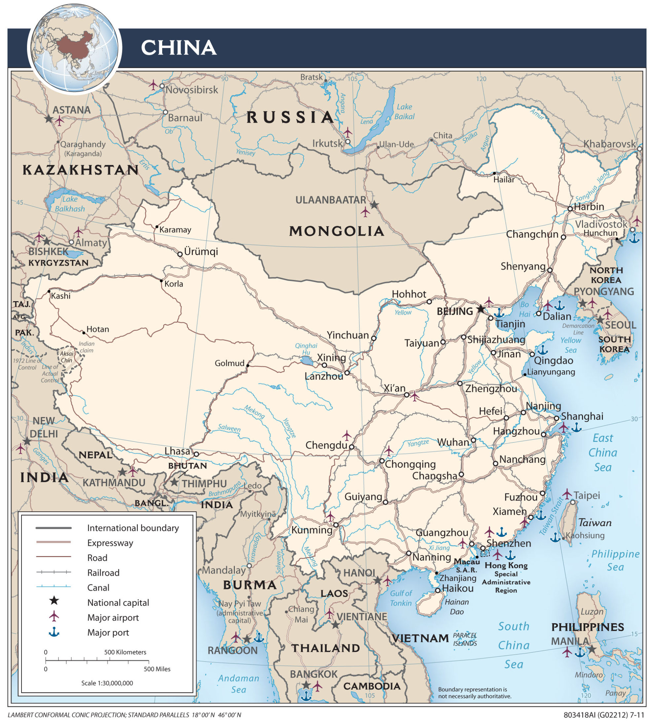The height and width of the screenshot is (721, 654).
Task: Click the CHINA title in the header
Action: (x=178, y=48)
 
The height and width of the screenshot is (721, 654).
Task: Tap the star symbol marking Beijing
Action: (x=481, y=309)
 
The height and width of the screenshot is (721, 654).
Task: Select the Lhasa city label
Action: (x=177, y=451)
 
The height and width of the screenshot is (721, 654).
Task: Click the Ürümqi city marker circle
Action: (x=180, y=254)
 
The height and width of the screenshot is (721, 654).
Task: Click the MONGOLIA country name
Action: (x=336, y=231)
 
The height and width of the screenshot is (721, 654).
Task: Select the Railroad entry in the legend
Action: (x=103, y=573)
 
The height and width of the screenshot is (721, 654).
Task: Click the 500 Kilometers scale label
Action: (x=125, y=652)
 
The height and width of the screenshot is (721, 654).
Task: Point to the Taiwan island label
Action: (x=595, y=523)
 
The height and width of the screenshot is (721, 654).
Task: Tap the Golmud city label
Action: (x=230, y=363)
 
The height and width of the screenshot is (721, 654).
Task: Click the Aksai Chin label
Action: (x=66, y=357)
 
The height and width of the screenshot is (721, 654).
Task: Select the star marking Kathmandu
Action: (x=123, y=472)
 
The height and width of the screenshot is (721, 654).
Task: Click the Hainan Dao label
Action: (x=456, y=607)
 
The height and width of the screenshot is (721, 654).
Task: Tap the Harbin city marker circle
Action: (x=570, y=209)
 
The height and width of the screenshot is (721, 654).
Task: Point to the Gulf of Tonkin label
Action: (x=401, y=598)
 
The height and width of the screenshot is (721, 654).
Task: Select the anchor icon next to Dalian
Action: (x=559, y=306)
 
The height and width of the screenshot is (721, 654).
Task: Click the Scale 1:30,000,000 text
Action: (x=107, y=683)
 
